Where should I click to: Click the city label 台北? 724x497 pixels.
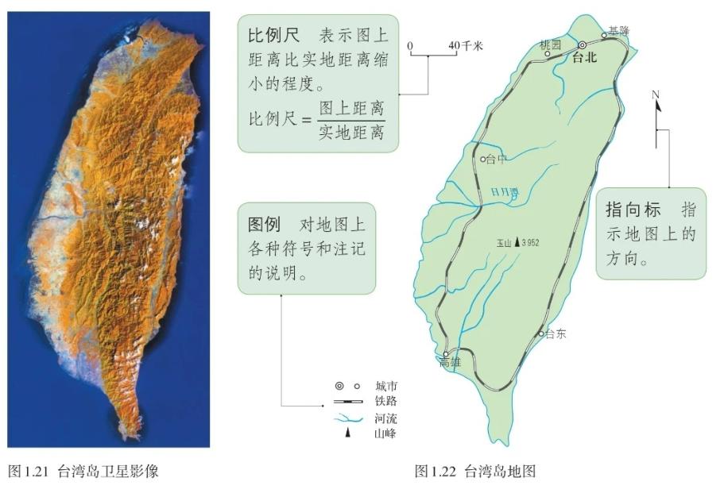coord(585,58)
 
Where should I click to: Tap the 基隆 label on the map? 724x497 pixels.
coord(618,31)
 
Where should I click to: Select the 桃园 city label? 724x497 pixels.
coord(550,44)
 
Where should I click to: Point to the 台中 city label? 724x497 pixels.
coord(496,160)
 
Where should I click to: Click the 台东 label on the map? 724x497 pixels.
coord(556,334)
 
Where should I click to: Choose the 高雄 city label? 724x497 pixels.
coord(449,363)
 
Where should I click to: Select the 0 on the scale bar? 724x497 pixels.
coord(411,46)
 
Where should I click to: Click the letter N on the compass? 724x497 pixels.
coord(656,95)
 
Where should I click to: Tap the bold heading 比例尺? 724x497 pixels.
coord(271,37)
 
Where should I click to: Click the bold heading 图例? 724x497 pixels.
coord(261,225)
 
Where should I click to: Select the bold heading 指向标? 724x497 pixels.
coord(633,210)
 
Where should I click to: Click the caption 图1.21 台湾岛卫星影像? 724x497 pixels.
coord(83,471)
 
